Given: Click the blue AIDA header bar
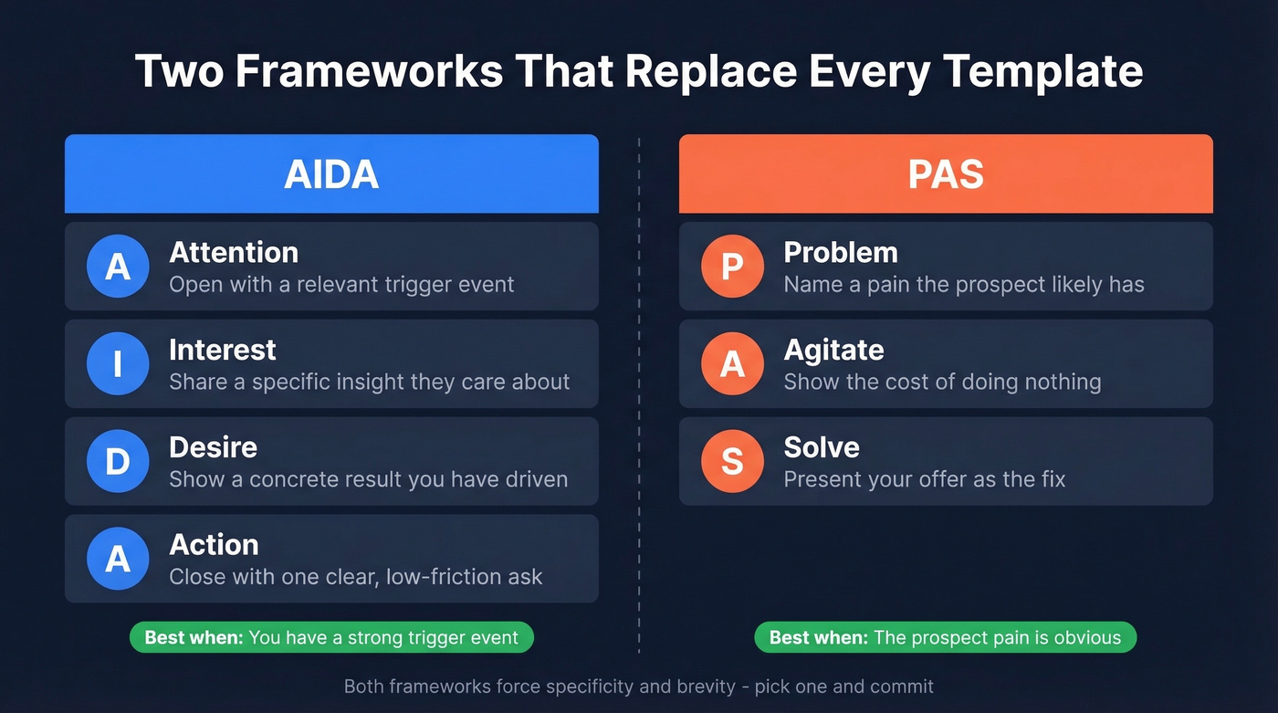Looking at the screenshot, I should [x=331, y=174].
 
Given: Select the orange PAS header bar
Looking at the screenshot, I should [x=946, y=174].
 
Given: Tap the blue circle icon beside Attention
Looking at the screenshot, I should [x=118, y=267].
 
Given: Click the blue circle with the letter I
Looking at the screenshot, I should [x=118, y=364].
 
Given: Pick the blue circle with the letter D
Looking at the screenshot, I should [x=118, y=461].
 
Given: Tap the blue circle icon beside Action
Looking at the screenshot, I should [x=118, y=559].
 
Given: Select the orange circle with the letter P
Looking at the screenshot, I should [x=732, y=267].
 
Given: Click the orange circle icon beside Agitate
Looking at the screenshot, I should [x=732, y=364].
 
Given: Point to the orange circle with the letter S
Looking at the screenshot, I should [x=732, y=461].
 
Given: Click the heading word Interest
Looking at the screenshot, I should [x=223, y=350].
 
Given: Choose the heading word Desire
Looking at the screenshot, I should [x=213, y=447].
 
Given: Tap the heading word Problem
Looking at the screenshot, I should [x=841, y=253].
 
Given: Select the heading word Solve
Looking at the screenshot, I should [x=822, y=447].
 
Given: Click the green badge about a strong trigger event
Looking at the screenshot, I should [x=331, y=637].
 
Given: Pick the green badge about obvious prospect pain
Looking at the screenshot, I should [x=945, y=637].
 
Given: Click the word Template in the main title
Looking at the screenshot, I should [x=1043, y=71].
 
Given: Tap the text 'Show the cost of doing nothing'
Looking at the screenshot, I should [x=942, y=382].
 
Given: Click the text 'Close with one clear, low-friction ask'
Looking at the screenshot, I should [x=356, y=577].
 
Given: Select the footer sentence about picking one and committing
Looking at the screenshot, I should [x=639, y=686].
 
